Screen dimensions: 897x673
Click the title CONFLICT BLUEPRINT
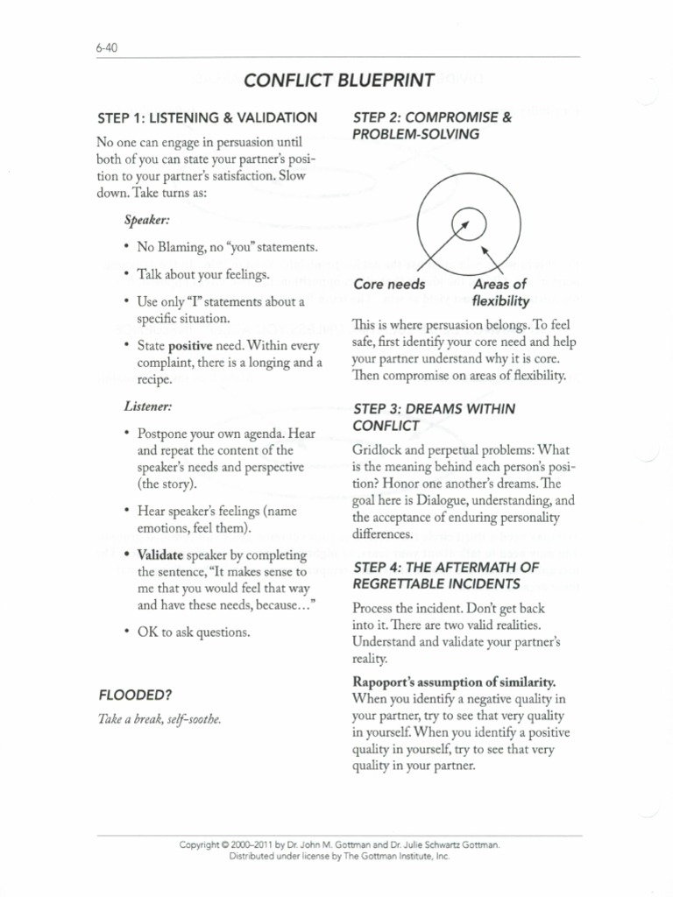click(338, 81)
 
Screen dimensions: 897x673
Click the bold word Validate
click(160, 554)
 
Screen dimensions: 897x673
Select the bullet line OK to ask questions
click(194, 632)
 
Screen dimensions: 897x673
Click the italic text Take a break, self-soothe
click(159, 719)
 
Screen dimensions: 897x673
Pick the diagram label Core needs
click(389, 284)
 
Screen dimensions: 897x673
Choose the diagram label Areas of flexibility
click(499, 293)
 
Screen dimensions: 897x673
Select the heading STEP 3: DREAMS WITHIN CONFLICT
click(433, 417)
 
